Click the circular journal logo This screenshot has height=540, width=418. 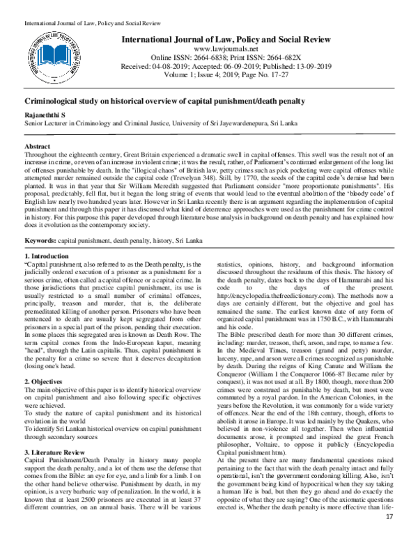point(49,52)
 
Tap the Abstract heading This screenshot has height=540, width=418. point(37,148)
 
